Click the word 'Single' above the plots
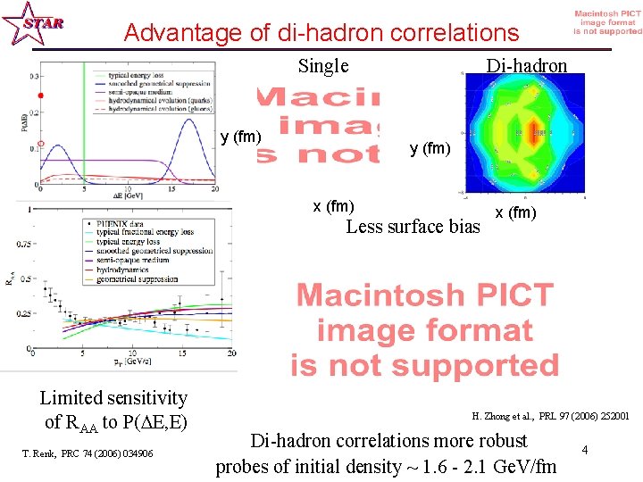322,66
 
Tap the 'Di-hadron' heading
526,66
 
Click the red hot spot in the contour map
536,135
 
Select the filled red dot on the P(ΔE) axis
38,96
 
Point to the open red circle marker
38,142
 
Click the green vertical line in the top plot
84,125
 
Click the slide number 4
584,450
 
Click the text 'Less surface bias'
412,227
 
